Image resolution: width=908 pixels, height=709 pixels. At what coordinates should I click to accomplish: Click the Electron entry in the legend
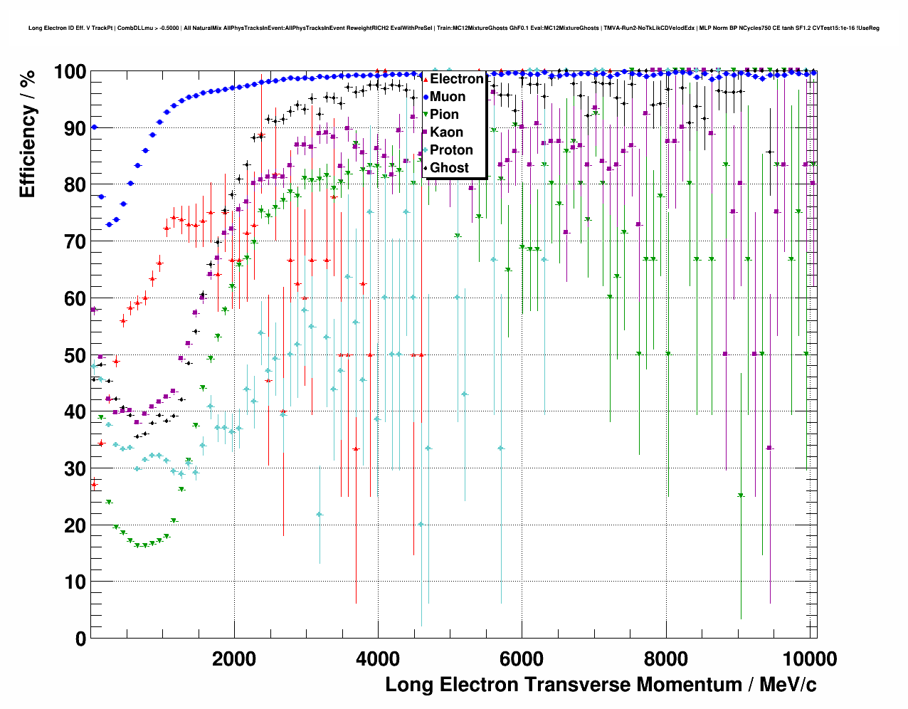tap(456, 79)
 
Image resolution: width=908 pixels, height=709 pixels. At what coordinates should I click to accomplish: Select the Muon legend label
tap(448, 97)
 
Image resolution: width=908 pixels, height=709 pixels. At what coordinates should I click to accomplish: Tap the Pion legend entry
tap(444, 115)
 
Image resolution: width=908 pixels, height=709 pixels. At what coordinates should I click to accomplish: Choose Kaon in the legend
tap(446, 132)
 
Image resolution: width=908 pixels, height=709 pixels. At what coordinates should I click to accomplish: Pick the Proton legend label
tap(451, 150)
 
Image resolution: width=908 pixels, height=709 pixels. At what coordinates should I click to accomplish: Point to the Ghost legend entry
tap(450, 168)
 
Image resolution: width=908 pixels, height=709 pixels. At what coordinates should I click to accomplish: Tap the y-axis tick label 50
tap(75, 355)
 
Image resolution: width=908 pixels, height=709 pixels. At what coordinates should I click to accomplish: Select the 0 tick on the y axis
tap(80, 639)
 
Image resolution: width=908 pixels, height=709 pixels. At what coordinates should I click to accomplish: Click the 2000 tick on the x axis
tap(234, 659)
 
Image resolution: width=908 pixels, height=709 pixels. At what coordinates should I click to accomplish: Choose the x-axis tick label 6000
tap(522, 659)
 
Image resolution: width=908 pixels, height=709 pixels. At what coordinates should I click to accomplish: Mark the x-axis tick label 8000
tap(665, 659)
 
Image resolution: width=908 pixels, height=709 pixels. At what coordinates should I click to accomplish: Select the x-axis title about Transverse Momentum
tap(601, 685)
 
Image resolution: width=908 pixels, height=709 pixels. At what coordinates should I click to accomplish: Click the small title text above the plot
tap(454, 28)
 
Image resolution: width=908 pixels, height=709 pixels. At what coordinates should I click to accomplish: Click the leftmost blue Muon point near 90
tap(94, 127)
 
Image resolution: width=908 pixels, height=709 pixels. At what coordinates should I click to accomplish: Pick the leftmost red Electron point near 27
tap(94, 485)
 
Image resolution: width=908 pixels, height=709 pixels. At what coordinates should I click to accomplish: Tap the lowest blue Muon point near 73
tap(109, 224)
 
